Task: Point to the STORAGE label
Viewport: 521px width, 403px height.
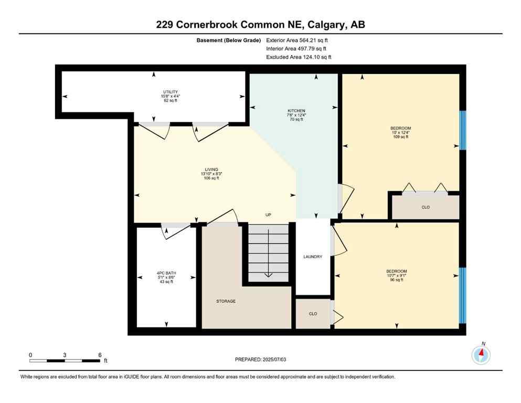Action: (226, 301)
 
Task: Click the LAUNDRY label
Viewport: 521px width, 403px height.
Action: (313, 257)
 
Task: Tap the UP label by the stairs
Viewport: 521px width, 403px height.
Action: (268, 215)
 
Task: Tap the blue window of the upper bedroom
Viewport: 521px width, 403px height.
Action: (462, 130)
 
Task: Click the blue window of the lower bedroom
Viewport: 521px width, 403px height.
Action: (462, 295)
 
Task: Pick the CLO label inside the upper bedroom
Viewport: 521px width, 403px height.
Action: (426, 207)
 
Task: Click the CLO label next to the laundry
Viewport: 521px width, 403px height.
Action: (313, 314)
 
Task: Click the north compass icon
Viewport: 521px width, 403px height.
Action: (481, 355)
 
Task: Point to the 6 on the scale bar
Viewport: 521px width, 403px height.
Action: (100, 355)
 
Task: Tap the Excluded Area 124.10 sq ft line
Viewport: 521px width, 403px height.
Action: (299, 57)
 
